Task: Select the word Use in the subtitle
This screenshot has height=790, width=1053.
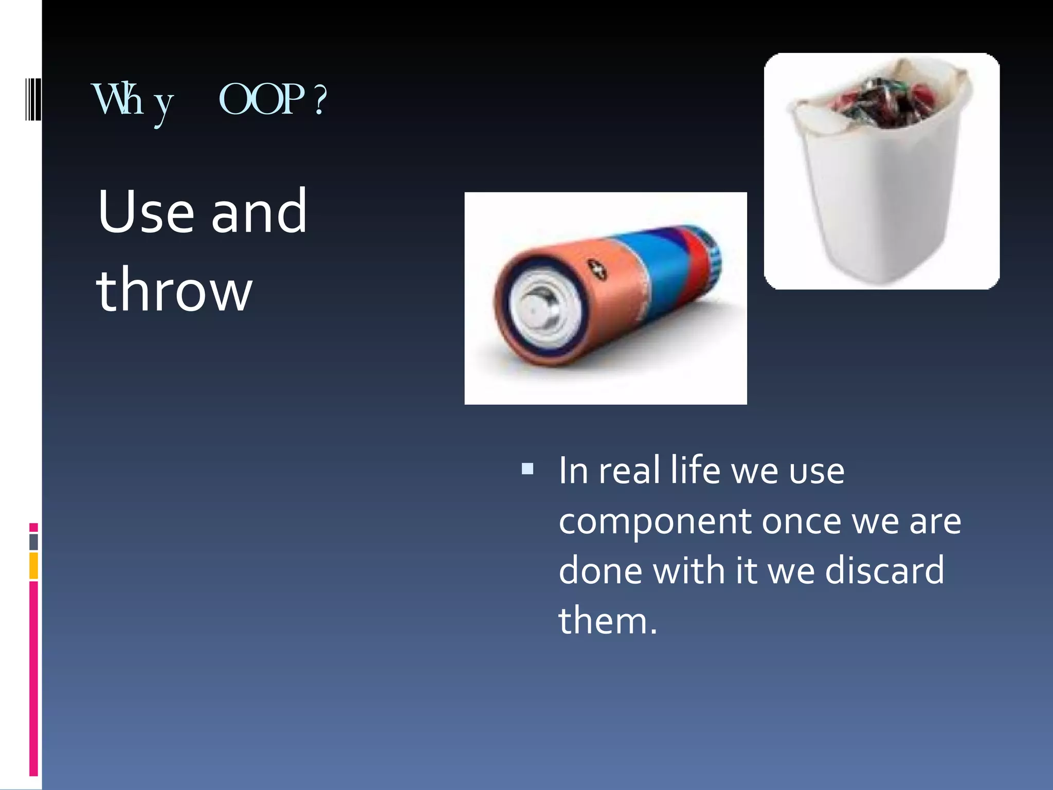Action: tap(146, 211)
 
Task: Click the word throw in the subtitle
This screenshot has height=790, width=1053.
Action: tap(174, 290)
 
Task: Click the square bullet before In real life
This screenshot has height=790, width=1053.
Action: tap(527, 469)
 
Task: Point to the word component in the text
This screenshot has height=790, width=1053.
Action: tap(654, 520)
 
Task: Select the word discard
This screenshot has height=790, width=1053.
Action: tap(884, 570)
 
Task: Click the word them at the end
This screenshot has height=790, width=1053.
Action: tap(603, 620)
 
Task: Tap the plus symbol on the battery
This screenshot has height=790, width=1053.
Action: tap(597, 269)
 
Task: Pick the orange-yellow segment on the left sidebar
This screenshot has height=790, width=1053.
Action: tap(33, 566)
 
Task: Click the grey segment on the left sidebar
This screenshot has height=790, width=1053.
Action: tap(33, 542)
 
